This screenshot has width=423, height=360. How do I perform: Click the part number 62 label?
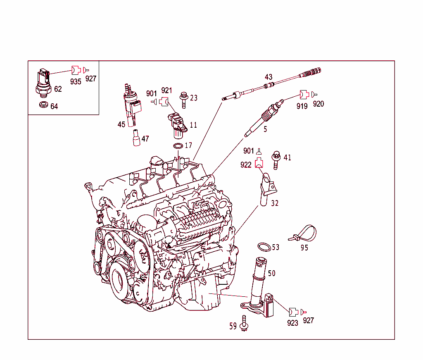pos(58,89)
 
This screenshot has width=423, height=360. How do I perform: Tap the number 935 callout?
pos(76,81)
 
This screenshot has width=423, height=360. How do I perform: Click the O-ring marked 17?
pos(178,146)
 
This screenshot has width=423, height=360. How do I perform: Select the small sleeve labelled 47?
pos(135,138)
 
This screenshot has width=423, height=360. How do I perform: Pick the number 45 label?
pos(121,124)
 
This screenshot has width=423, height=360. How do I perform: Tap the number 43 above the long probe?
pos(269,77)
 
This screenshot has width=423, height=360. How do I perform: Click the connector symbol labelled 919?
pos(304,95)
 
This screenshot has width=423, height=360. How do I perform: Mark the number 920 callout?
pos(318,104)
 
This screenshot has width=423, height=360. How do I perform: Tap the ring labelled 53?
pos(264,247)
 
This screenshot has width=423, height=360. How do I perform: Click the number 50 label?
pos(271,274)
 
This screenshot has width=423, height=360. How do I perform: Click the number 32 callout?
pos(275,203)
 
